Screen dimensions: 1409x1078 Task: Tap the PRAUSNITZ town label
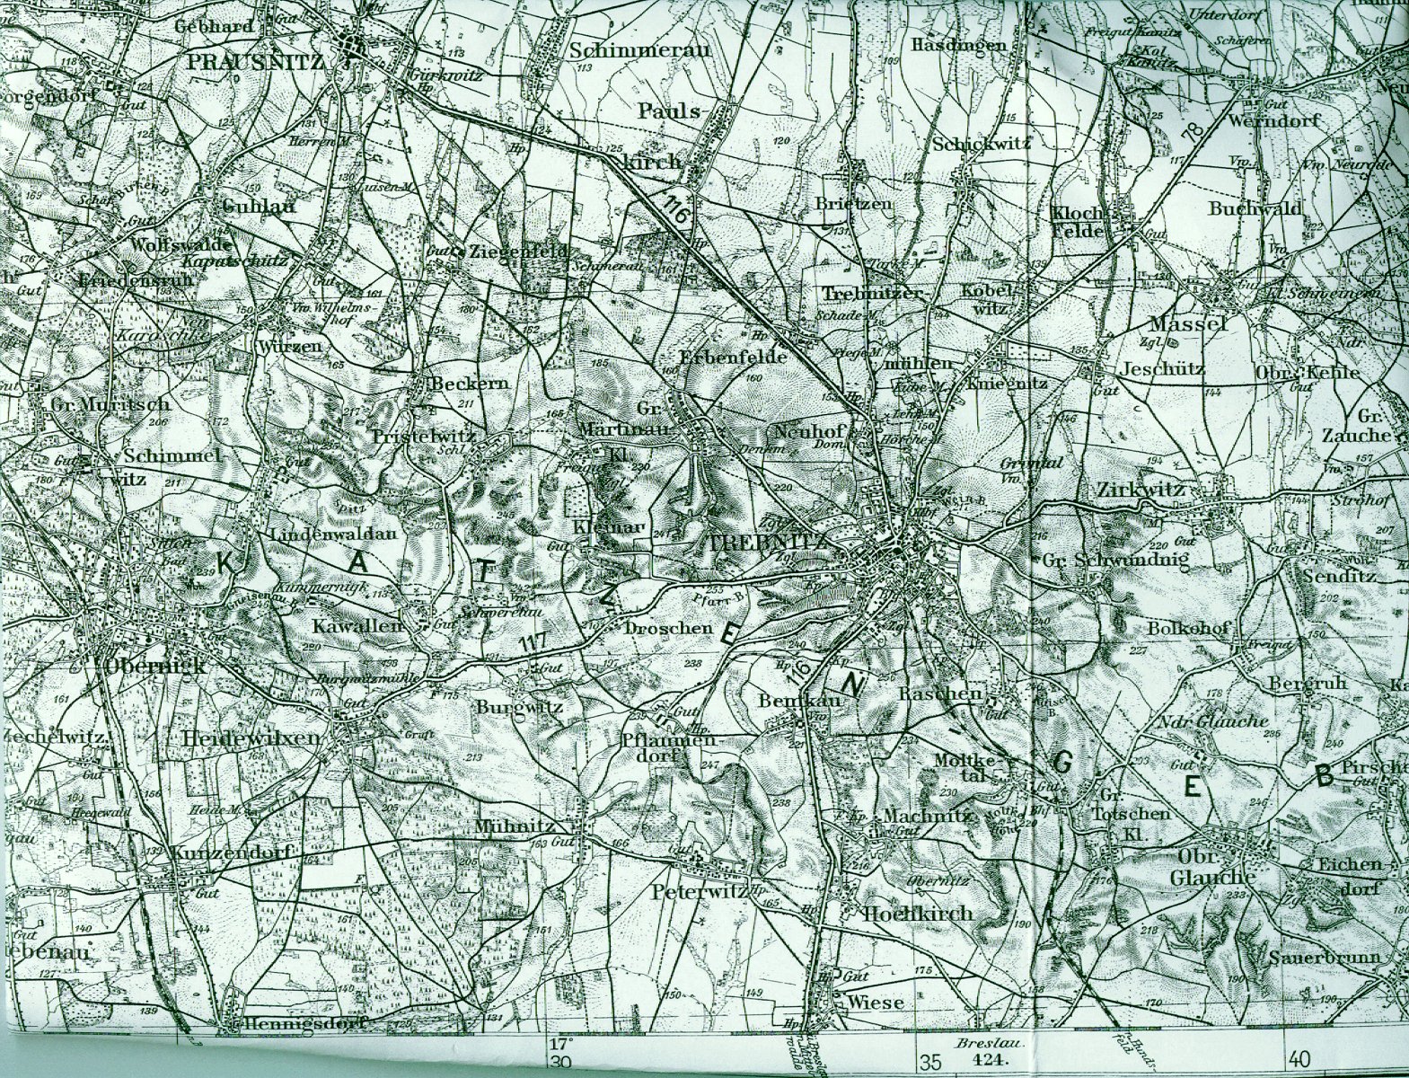[260, 61]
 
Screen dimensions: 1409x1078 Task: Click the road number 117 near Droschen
[533, 643]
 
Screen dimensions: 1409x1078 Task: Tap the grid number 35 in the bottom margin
[930, 1064]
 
